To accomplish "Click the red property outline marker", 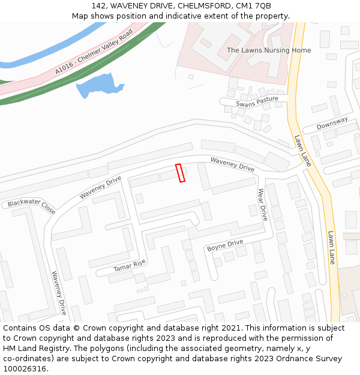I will tap(180, 173).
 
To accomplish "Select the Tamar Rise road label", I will tap(130, 265).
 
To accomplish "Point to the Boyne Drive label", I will tap(225, 245).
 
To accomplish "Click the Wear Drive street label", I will tap(262, 205).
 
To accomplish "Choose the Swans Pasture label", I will tap(257, 101).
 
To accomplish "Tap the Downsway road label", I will tap(332, 123).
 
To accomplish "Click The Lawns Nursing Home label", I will tap(269, 50).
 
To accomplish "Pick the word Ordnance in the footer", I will tap(281, 359).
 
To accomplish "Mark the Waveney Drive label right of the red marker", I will tap(232, 164).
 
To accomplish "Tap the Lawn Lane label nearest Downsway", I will tap(303, 150).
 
